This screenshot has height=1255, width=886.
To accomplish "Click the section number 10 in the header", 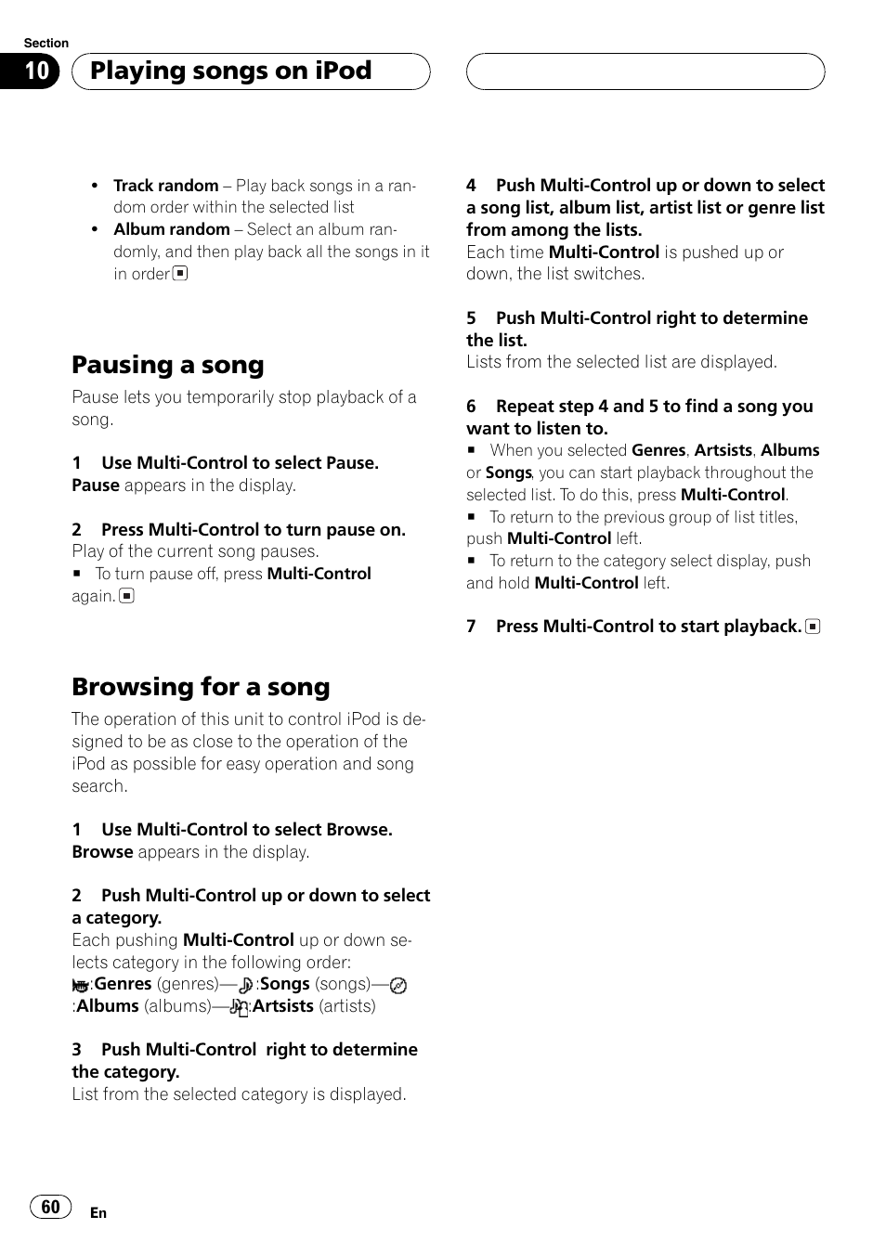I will pyautogui.click(x=36, y=71).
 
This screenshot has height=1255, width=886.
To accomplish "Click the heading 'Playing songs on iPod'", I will pyautogui.click(x=230, y=71).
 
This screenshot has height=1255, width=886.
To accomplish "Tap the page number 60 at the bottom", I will pyautogui.click(x=50, y=1206).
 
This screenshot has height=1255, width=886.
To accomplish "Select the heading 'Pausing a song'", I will pyautogui.click(x=167, y=365).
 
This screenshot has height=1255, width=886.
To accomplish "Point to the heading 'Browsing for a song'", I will pyautogui.click(x=201, y=687).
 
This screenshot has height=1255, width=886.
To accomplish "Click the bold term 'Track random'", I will pyautogui.click(x=165, y=186).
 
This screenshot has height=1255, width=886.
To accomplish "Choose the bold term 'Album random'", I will pyautogui.click(x=171, y=229).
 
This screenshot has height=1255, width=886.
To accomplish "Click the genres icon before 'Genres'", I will pyautogui.click(x=81, y=986).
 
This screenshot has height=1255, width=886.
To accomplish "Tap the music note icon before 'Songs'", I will pyautogui.click(x=245, y=986).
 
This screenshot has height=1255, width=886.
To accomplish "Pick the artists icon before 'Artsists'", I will pyautogui.click(x=239, y=1007).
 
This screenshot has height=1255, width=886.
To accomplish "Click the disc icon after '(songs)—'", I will pyautogui.click(x=398, y=986).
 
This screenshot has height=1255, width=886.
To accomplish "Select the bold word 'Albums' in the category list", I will pyautogui.click(x=108, y=1006).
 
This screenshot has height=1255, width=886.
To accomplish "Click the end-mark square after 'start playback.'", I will pyautogui.click(x=813, y=627).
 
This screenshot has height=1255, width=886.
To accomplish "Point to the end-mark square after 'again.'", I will pyautogui.click(x=127, y=596).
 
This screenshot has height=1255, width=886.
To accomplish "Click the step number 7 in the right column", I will pyautogui.click(x=471, y=627).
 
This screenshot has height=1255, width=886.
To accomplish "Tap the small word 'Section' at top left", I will pyautogui.click(x=46, y=43).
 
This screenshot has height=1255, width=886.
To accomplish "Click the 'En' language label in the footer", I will pyautogui.click(x=98, y=1213).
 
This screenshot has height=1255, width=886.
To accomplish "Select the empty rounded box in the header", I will pyautogui.click(x=645, y=71).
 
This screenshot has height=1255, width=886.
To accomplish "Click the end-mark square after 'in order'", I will pyautogui.click(x=180, y=274).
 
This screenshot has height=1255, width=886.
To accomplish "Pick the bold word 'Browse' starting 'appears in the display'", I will pyautogui.click(x=102, y=852).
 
